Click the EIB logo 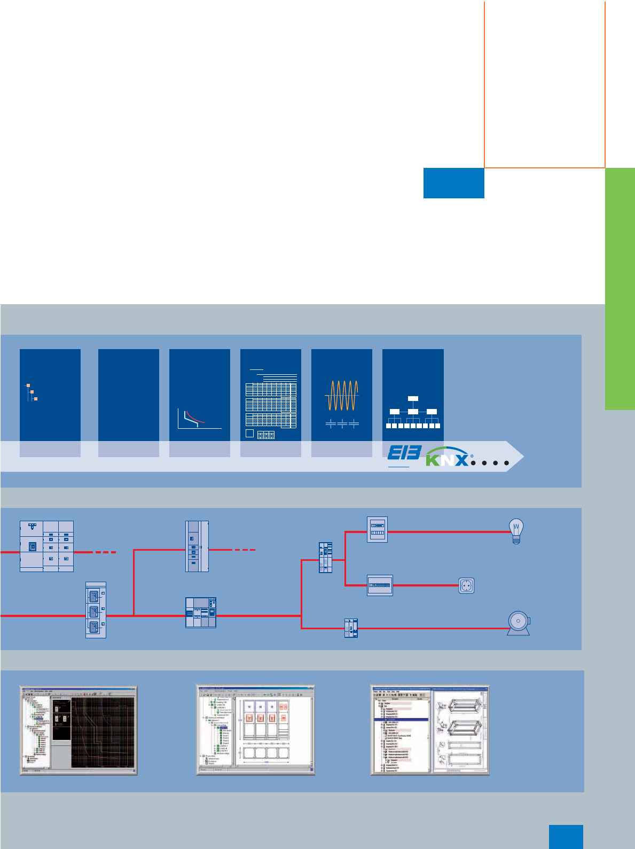point(404,453)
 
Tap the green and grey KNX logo point(448,457)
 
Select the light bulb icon point(516,531)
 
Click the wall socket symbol point(466,586)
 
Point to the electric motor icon point(519,623)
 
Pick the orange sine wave point(342,396)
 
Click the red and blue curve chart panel point(199,403)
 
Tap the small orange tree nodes point(32,392)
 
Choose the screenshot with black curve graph point(79,730)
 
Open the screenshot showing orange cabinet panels point(255,730)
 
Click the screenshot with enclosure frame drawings point(430,730)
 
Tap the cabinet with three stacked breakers point(96,610)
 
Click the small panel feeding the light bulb point(377,529)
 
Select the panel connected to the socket point(380,585)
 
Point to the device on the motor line point(351,628)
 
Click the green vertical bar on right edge point(620,289)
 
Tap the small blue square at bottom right point(566,837)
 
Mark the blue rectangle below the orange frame point(453,183)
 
